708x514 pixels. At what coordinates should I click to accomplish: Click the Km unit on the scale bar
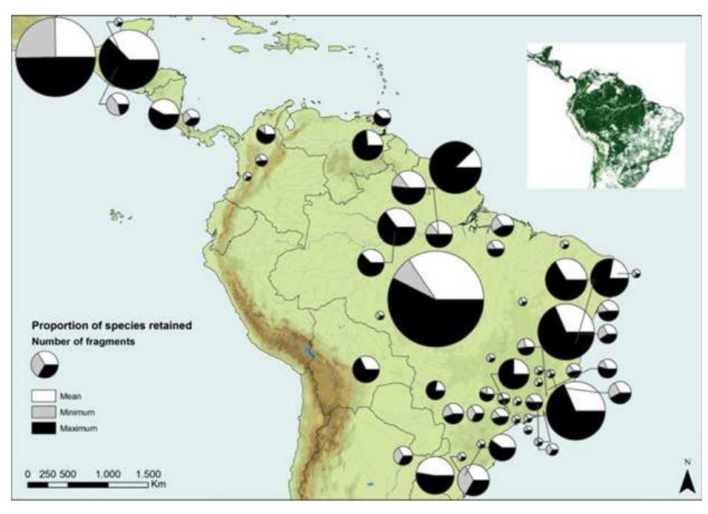[157, 485]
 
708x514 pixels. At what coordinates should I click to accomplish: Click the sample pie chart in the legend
[44, 365]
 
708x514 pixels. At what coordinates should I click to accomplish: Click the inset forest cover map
[606, 115]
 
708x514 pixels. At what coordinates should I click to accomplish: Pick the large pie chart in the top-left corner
[55, 55]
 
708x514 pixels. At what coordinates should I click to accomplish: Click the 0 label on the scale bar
[27, 473]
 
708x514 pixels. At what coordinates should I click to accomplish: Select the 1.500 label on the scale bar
[148, 473]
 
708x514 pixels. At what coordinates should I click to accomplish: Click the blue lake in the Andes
[310, 352]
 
